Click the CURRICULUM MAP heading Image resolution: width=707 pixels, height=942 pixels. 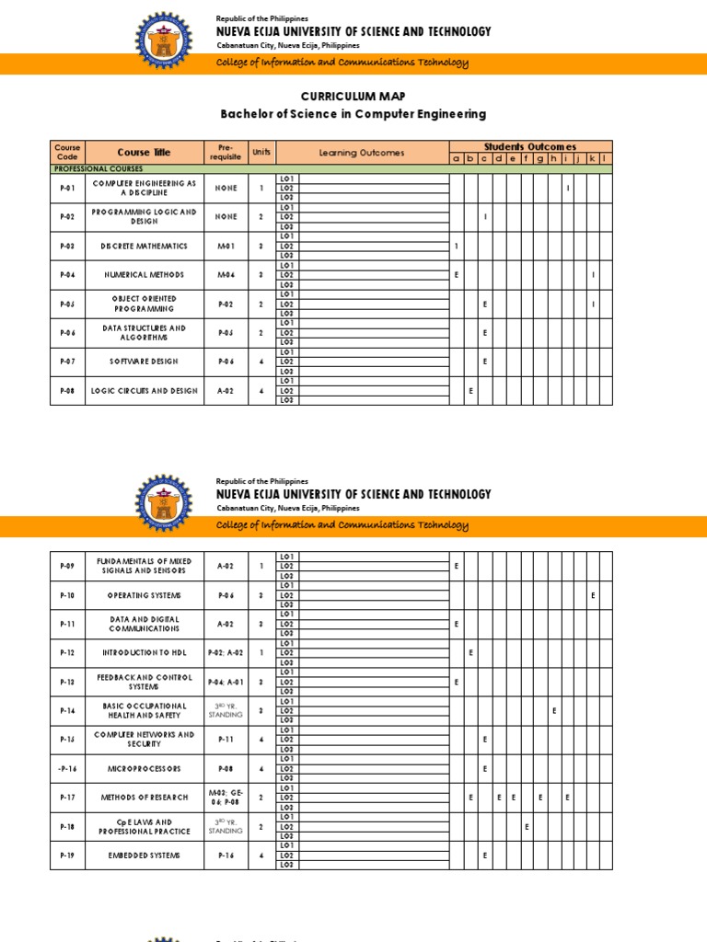pos(353,97)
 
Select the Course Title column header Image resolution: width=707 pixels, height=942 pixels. pos(144,153)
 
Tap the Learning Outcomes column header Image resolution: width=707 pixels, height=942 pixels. pos(361,153)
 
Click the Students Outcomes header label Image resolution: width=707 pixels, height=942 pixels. pos(530,146)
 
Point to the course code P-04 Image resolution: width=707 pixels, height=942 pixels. pos(68,275)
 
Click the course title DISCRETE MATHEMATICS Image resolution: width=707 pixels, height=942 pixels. pos(144,247)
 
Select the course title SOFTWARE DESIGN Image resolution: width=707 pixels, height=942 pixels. pos(144,362)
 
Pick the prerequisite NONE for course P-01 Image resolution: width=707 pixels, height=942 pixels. pos(226,189)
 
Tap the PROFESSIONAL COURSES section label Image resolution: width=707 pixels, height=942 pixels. pos(93,169)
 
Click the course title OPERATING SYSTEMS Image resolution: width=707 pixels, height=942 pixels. pos(144,595)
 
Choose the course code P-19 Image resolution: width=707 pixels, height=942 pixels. pos(68,856)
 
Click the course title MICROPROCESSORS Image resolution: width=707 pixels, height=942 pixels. pos(144,769)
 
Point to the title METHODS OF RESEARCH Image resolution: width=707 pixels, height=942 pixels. pos(144,798)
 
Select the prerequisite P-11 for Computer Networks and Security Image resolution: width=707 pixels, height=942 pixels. pos(226,740)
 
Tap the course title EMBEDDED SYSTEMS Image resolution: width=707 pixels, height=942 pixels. pos(144,856)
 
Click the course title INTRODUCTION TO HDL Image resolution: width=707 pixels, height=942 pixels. pos(144,653)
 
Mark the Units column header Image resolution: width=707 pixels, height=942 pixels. pos(261,153)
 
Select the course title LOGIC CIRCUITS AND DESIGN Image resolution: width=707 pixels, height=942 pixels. pos(144,391)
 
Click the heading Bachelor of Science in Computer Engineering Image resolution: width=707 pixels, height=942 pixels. pos(353,114)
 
